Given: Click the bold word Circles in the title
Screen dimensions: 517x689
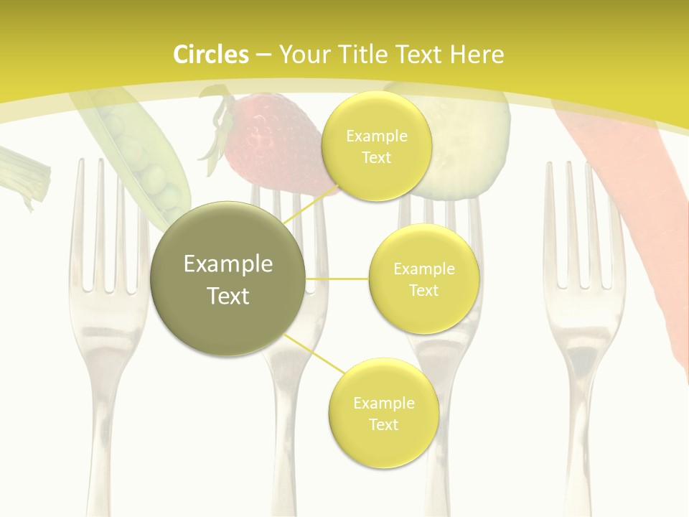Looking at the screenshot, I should coord(210,55).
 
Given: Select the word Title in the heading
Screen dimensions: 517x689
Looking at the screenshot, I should coord(362,55).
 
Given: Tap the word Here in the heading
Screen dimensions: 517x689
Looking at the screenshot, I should coord(477,55).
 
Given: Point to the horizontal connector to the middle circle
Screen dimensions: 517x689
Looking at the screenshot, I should coord(337,279).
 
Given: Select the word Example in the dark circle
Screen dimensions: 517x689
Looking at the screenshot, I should coord(228,264).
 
